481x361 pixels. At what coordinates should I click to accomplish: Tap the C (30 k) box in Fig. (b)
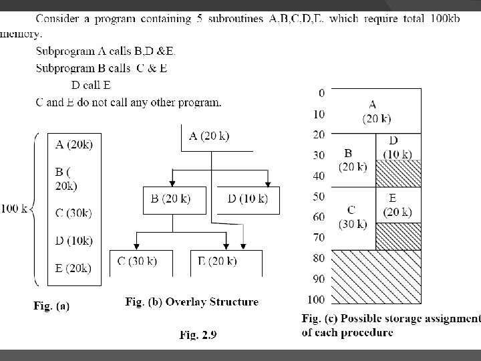tap(137, 261)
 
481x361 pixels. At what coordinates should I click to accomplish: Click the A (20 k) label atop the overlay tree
tap(209, 136)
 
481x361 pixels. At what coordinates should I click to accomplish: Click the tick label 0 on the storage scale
tap(321, 93)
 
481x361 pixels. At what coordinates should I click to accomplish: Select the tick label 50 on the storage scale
tap(319, 197)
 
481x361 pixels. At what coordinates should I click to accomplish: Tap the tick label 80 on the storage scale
tap(319, 258)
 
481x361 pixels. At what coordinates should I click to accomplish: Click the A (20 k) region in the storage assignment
tap(376, 112)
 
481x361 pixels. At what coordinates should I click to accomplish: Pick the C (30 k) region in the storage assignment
tap(351, 217)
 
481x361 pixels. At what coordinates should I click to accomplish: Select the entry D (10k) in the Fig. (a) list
tap(73, 241)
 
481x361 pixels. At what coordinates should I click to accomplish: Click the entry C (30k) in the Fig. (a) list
tap(73, 213)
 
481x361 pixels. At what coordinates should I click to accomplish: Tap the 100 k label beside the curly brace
tap(14, 209)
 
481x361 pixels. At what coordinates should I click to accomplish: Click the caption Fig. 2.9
tap(198, 336)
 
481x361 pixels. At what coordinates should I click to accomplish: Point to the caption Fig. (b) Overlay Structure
tap(192, 302)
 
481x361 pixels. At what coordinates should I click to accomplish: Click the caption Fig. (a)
tap(51, 306)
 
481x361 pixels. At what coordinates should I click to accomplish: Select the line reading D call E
tap(91, 86)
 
